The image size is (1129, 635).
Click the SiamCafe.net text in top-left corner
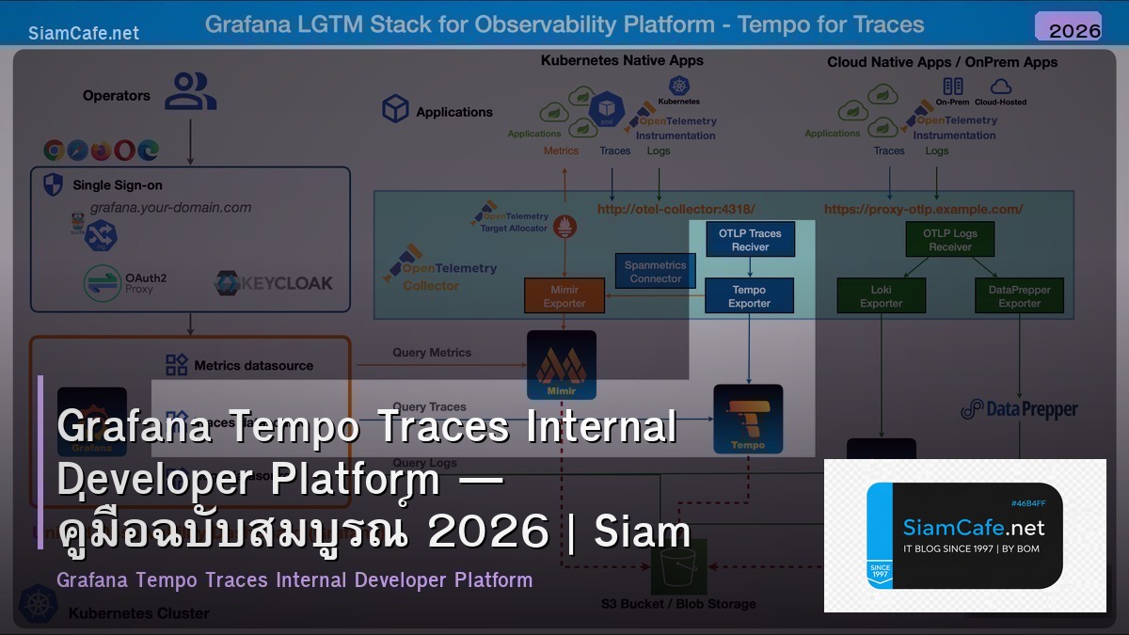84,33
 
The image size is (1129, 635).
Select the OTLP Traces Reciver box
750,240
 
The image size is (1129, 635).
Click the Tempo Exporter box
749,296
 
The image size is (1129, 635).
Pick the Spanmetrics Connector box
656,272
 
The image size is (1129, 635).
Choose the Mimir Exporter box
564,296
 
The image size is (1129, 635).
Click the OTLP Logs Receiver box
949,240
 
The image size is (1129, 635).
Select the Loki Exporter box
881,296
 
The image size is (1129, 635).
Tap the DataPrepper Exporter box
1019,296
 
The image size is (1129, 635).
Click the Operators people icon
190,92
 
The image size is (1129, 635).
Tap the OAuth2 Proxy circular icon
102,283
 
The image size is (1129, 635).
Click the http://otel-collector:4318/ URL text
676,209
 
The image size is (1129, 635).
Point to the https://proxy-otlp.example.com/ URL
923,209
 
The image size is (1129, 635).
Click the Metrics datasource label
253,365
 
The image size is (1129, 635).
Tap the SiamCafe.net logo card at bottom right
964,535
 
